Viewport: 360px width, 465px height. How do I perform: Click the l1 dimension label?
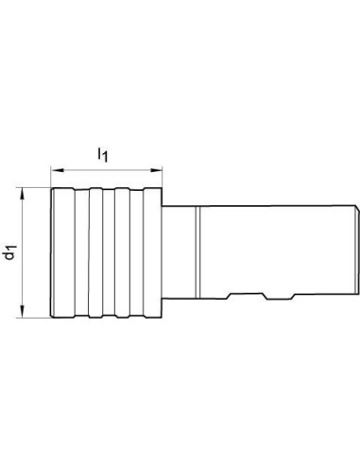point(103,154)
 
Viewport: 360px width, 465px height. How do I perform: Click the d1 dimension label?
point(10,252)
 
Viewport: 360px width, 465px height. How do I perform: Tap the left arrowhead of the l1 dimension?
point(58,170)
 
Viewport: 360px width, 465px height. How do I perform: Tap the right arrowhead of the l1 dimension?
point(156,170)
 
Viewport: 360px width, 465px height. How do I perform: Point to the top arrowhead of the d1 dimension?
point(22,193)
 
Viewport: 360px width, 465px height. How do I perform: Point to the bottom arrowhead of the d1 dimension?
point(22,311)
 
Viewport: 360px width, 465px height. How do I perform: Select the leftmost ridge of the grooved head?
point(63,252)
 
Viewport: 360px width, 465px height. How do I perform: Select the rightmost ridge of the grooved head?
point(153,252)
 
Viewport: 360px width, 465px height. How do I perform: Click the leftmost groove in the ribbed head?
point(82,252)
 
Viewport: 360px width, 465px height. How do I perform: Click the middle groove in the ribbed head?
point(109,252)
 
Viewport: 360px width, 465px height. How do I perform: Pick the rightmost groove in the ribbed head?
point(137,252)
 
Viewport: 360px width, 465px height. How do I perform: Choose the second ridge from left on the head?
point(96,252)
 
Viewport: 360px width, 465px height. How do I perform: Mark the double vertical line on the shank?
point(197,252)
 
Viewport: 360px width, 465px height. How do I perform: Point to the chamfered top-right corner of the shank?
point(357,207)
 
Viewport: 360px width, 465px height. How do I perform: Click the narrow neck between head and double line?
point(179,252)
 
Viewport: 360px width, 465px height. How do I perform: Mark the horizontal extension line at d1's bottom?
point(34,318)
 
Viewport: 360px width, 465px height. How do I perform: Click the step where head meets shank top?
point(163,206)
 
